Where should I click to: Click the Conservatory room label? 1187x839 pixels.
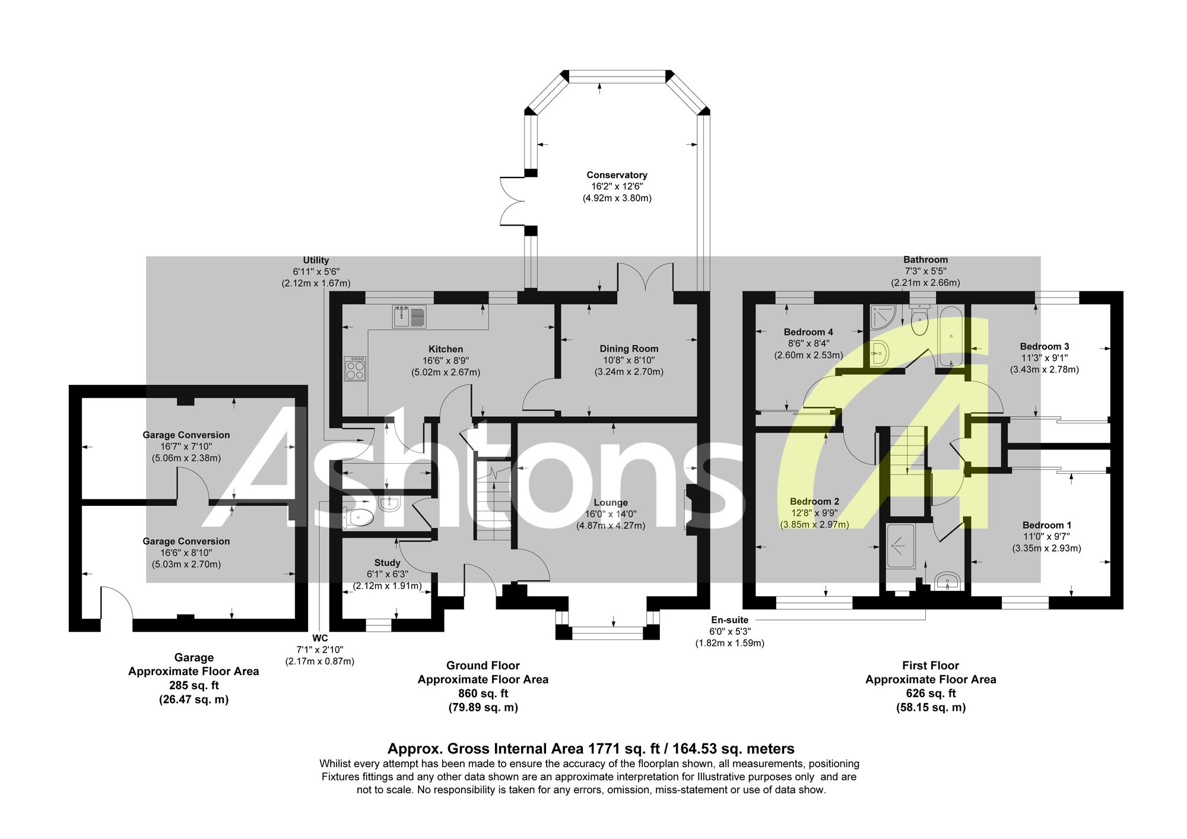[617, 175]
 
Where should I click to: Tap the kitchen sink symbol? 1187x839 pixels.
[409, 316]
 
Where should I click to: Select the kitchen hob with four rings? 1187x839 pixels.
[355, 368]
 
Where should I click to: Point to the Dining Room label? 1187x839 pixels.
[629, 349]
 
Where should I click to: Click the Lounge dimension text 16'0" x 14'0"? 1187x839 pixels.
[611, 514]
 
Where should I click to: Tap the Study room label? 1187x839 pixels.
[387, 563]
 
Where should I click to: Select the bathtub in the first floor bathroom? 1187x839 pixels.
[951, 337]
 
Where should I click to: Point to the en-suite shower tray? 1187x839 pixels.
[900, 546]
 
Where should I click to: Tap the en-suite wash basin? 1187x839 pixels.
[947, 581]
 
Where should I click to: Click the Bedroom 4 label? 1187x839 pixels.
[808, 333]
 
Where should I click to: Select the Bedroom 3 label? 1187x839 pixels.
[1045, 347]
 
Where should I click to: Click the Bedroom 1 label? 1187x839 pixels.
[1047, 525]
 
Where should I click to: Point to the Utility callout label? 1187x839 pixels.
[316, 261]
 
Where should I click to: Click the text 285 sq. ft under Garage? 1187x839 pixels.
[194, 685]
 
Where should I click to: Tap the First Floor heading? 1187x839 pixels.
[931, 666]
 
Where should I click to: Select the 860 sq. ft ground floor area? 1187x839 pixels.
[483, 694]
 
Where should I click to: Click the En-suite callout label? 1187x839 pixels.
[729, 620]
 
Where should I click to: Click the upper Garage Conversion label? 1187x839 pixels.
[186, 435]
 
